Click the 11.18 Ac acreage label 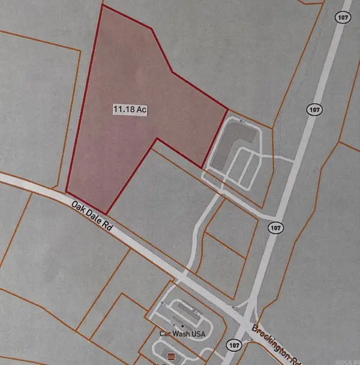coord(130,110)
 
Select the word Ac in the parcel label coord(142,110)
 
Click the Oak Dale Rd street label coord(92,216)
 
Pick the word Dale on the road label coord(92,216)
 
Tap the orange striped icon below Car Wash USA coord(170,357)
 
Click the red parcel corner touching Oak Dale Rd coord(106,213)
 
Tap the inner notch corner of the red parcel coord(157,139)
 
